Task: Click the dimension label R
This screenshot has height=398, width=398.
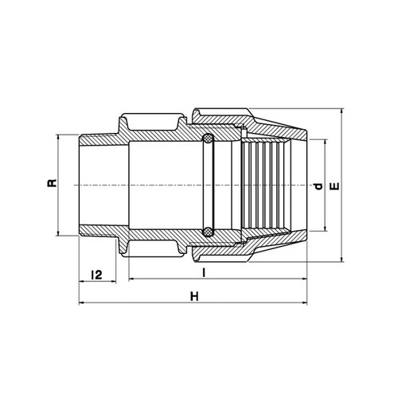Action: click(53, 183)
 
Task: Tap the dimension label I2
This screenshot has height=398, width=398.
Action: click(96, 275)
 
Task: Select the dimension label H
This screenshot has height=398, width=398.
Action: click(194, 296)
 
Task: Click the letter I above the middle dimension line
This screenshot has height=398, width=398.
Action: click(204, 272)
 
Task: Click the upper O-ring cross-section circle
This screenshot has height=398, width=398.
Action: click(208, 139)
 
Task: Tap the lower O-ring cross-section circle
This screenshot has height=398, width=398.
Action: click(208, 232)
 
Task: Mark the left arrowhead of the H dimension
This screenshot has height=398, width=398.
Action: click(82, 302)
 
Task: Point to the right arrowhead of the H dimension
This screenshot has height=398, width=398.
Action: click(304, 302)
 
